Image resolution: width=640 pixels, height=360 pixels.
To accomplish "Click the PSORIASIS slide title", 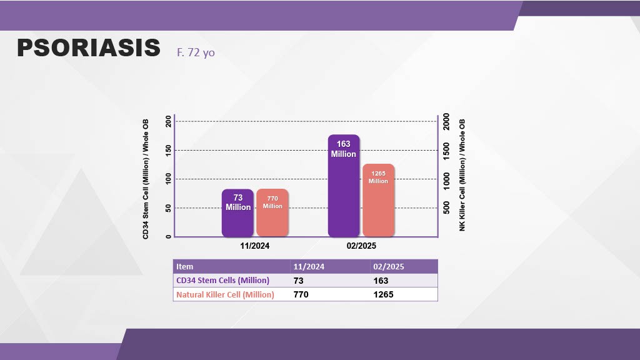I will pyautogui.click(x=88, y=48).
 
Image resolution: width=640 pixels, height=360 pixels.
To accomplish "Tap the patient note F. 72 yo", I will pyautogui.click(x=196, y=52).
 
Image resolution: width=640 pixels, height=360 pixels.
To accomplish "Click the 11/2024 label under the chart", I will pyautogui.click(x=255, y=246).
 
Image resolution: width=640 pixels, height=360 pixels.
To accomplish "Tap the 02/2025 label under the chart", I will pyautogui.click(x=361, y=246).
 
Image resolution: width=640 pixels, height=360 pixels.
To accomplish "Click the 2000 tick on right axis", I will pyautogui.click(x=446, y=122).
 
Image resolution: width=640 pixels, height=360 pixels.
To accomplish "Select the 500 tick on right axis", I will pyautogui.click(x=446, y=207).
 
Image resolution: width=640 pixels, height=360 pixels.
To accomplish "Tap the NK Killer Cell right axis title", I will pyautogui.click(x=462, y=175).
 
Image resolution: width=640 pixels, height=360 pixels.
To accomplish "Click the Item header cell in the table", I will pyautogui.click(x=185, y=266).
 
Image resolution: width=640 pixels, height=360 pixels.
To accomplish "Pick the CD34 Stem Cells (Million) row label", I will pyautogui.click(x=222, y=280).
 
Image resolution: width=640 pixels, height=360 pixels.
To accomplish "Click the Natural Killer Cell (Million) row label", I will pyautogui.click(x=225, y=294).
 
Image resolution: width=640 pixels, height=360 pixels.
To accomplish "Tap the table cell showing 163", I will pyautogui.click(x=381, y=281).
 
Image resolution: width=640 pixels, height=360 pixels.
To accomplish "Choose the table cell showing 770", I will pyautogui.click(x=301, y=294).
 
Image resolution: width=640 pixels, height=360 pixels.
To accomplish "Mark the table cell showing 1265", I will pyautogui.click(x=383, y=294).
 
